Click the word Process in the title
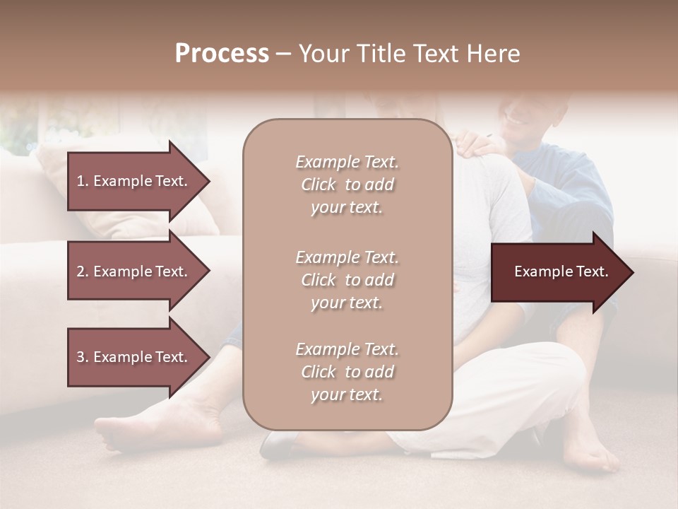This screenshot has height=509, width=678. click(x=222, y=54)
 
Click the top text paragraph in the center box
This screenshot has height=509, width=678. click(x=347, y=185)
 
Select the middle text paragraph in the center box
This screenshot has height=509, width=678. click(x=347, y=280)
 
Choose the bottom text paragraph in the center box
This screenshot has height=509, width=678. click(x=347, y=372)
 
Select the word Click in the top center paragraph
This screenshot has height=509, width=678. click(x=319, y=185)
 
